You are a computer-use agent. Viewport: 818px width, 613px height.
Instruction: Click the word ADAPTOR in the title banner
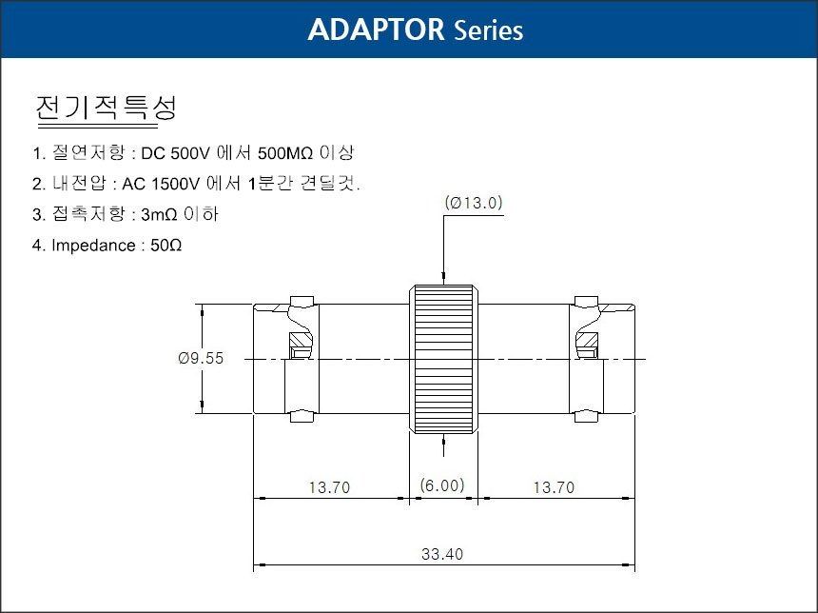point(376,30)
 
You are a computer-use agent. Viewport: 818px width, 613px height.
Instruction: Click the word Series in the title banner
point(488,30)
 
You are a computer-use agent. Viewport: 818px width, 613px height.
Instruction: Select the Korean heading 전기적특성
point(107,108)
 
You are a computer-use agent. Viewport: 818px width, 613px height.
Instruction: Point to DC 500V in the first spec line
point(175,153)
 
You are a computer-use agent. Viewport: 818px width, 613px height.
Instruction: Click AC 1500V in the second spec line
point(161,184)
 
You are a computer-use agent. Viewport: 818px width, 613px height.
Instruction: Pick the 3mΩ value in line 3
point(159,214)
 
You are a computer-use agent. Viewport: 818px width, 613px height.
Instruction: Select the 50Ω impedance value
point(166,245)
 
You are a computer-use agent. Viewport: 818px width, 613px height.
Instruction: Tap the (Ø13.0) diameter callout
point(474,203)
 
